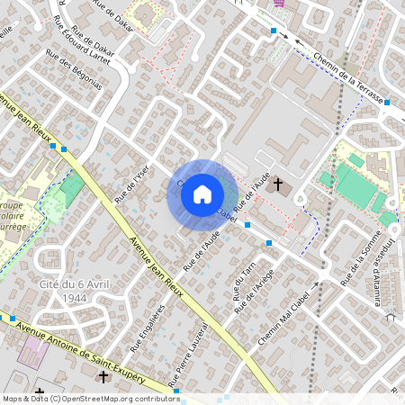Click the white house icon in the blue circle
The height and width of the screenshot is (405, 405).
click(202, 193)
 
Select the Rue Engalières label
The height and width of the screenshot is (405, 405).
click(148, 331)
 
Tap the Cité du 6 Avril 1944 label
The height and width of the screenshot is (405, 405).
click(63, 290)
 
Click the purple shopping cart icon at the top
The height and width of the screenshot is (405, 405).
click(280, 3)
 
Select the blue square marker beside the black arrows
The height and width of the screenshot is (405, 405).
click(274, 31)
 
